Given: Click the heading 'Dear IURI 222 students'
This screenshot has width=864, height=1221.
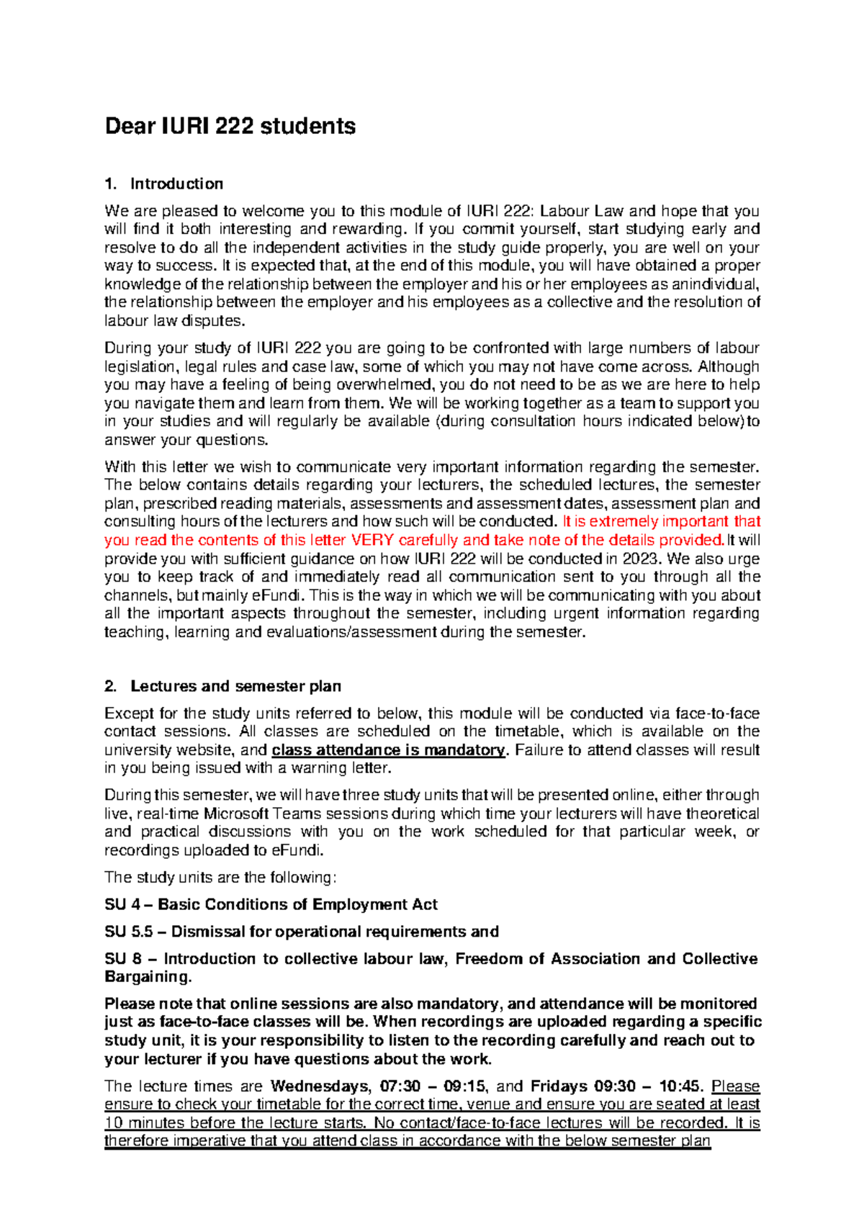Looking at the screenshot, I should (x=230, y=127).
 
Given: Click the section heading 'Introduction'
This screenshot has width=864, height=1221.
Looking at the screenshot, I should (x=176, y=184).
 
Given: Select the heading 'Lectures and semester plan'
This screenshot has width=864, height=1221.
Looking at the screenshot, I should (x=235, y=686).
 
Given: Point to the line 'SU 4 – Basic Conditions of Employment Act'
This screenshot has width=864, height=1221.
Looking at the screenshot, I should (x=271, y=905).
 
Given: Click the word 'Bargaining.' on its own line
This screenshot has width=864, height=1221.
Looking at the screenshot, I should (x=148, y=977).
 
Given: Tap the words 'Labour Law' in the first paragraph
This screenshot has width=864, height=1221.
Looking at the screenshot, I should (x=582, y=212).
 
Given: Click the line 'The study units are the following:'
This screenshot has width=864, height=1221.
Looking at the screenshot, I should (x=220, y=878).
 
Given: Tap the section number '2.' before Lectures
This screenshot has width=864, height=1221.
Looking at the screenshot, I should (x=110, y=686).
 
